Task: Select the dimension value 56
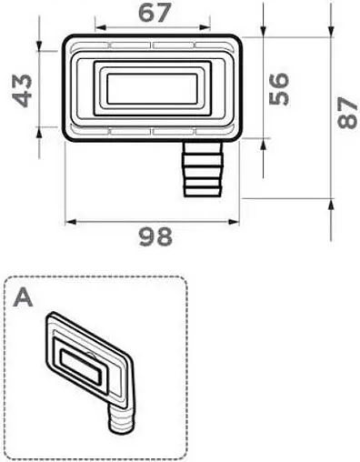pyautogui.click(x=280, y=88)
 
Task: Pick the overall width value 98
pyautogui.click(x=155, y=238)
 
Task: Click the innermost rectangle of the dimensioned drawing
pyautogui.click(x=152, y=89)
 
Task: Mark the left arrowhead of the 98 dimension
pyautogui.click(x=69, y=221)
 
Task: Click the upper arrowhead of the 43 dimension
pyautogui.click(x=41, y=45)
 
